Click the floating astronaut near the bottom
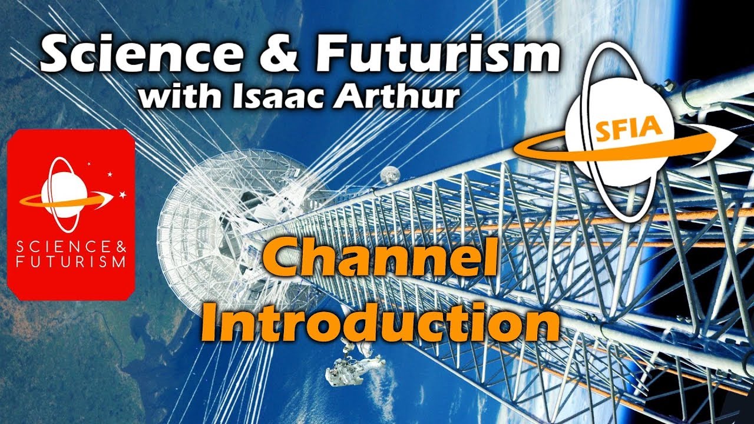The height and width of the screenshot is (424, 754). [352, 365]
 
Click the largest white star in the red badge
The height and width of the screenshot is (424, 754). [123, 194]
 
